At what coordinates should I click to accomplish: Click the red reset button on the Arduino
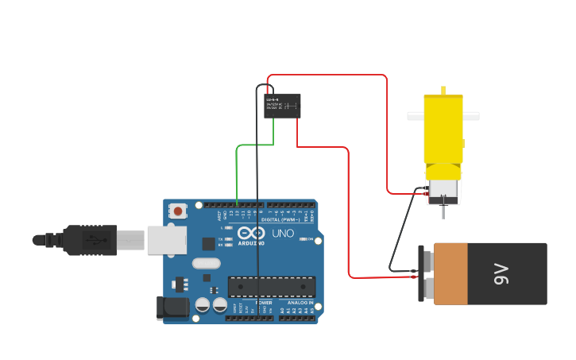pyautogui.click(x=179, y=211)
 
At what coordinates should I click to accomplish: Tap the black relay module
pyautogui.click(x=282, y=106)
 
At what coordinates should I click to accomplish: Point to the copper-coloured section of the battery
pyautogui.click(x=450, y=274)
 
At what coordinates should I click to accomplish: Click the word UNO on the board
pyautogui.click(x=284, y=234)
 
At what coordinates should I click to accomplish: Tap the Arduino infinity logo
pyautogui.click(x=250, y=233)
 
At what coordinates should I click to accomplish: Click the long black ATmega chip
pyautogui.click(x=272, y=287)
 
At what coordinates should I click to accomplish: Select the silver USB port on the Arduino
pyautogui.click(x=167, y=239)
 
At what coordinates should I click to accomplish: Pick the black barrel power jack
pyautogui.click(x=174, y=307)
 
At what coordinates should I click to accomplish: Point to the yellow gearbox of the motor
pyautogui.click(x=443, y=131)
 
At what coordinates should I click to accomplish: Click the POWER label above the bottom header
pyautogui.click(x=264, y=303)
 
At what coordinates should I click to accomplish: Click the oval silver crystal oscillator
pyautogui.click(x=205, y=264)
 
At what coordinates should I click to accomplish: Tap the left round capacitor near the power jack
pyautogui.click(x=203, y=304)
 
